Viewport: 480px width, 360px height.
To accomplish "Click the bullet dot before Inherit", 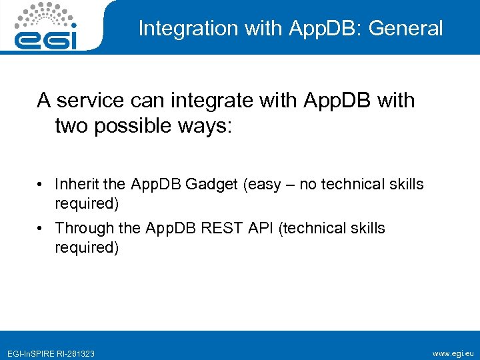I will click(x=41, y=185).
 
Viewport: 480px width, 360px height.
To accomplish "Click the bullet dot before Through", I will click(x=41, y=229).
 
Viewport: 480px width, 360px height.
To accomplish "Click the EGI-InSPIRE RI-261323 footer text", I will click(x=51, y=353).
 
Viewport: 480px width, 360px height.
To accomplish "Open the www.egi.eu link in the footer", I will click(x=453, y=353).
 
